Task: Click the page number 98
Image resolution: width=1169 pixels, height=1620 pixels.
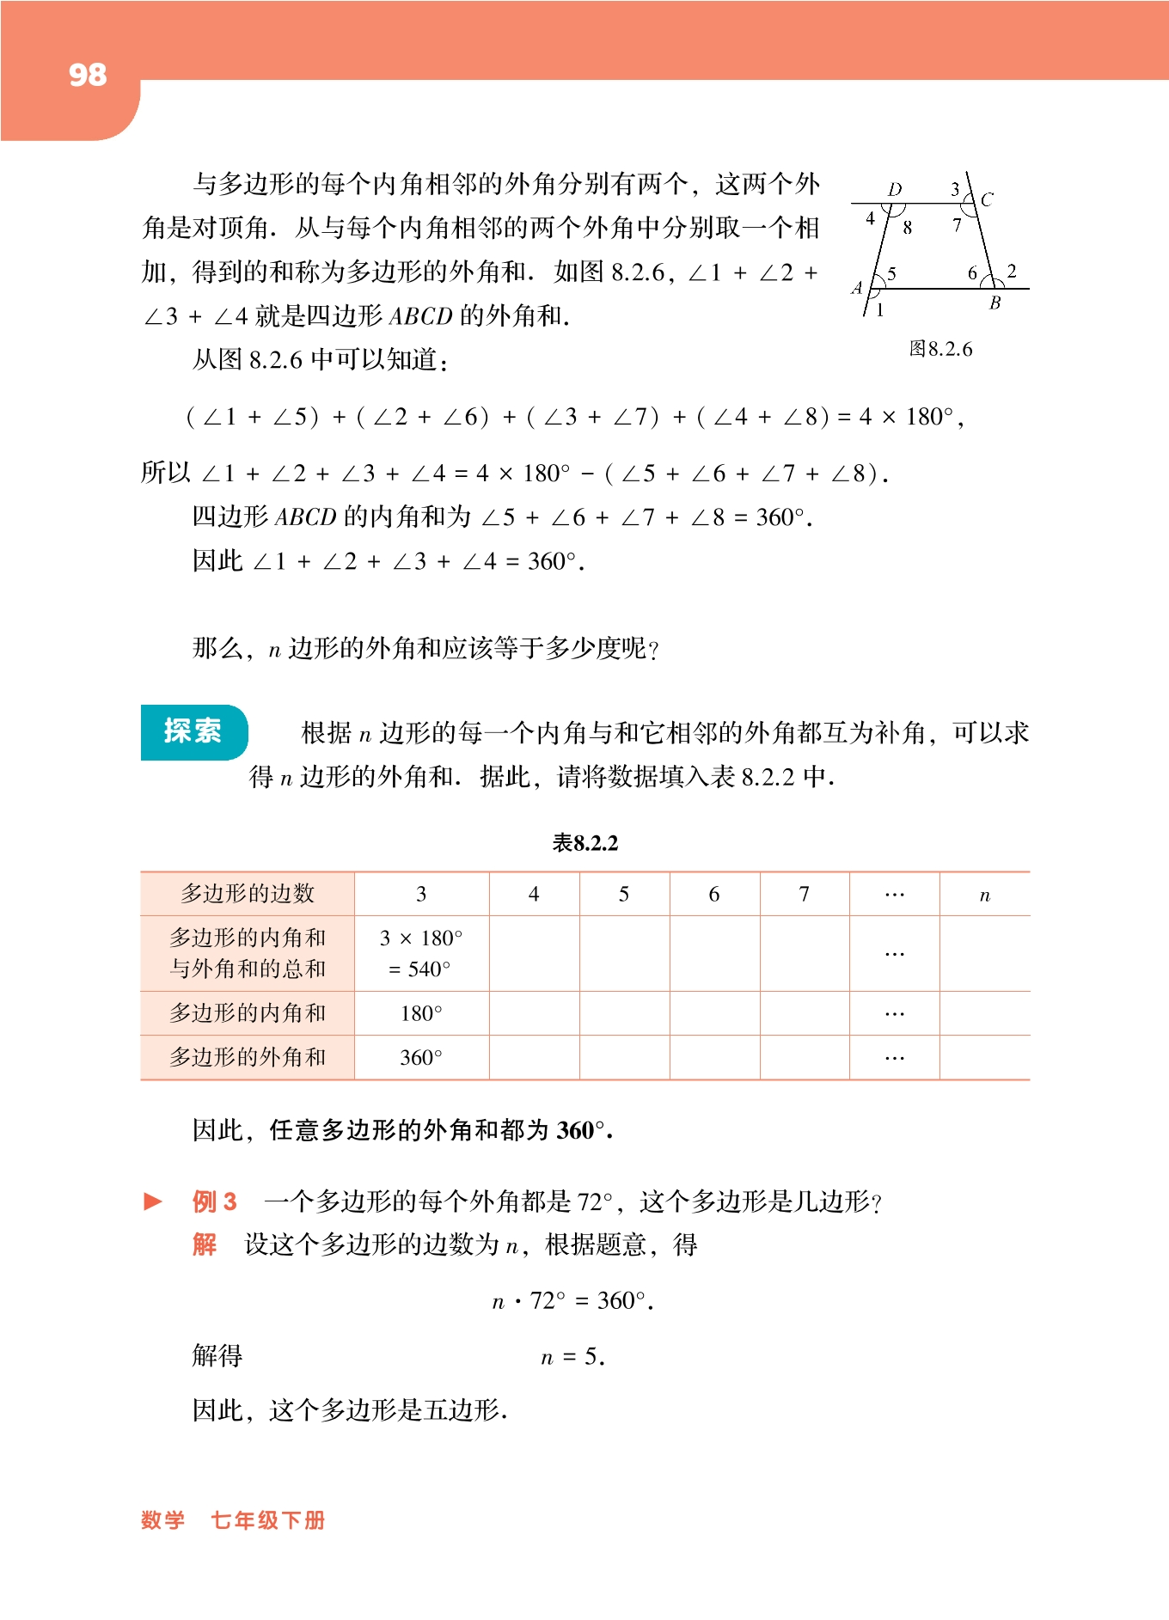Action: click(x=88, y=76)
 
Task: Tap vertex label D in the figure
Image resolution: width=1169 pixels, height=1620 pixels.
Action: click(x=895, y=189)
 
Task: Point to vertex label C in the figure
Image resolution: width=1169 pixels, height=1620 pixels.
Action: click(x=987, y=200)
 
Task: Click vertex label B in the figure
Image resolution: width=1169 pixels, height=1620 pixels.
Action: click(x=995, y=303)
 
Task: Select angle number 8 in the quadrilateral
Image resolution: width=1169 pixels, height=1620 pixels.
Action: click(x=908, y=228)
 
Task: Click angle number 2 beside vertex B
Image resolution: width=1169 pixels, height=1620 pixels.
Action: click(x=1012, y=272)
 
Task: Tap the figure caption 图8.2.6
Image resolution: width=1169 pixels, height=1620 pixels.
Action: click(x=940, y=349)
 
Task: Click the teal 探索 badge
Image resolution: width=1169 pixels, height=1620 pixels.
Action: click(x=193, y=731)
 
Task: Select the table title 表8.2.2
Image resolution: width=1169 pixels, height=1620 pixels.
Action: click(x=584, y=843)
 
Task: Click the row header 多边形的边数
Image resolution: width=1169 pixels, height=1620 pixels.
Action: click(x=248, y=894)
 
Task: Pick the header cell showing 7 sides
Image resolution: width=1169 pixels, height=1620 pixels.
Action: click(x=804, y=895)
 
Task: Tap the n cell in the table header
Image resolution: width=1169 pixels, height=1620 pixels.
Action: click(x=984, y=896)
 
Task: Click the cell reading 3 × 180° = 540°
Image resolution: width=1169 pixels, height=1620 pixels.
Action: click(x=421, y=953)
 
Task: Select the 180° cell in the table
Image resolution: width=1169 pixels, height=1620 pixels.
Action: click(x=421, y=1014)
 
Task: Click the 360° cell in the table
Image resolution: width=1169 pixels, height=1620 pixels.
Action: click(x=421, y=1058)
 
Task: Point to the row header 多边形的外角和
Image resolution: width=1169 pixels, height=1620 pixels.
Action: click(x=248, y=1057)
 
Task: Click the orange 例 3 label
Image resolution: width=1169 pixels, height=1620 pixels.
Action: click(x=214, y=1201)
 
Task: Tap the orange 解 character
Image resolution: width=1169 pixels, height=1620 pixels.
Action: click(x=205, y=1244)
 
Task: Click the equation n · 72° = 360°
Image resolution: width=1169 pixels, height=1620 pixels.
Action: click(x=572, y=1301)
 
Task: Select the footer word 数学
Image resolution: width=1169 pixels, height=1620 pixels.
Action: click(x=162, y=1520)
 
